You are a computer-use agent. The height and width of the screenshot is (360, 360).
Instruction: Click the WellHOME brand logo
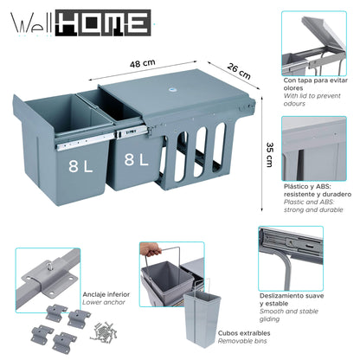(x=81, y=23)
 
